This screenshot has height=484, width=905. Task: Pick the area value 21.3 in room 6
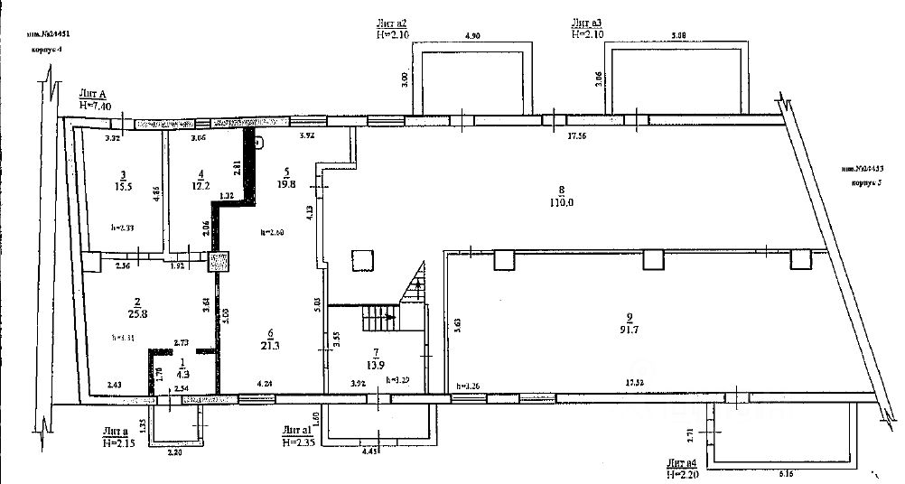tap(266, 343)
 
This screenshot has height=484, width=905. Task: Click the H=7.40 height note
tap(95, 105)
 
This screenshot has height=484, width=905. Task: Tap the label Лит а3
tap(588, 23)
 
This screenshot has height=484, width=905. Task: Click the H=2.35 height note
tap(299, 442)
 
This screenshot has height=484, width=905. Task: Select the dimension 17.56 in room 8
tap(578, 136)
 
